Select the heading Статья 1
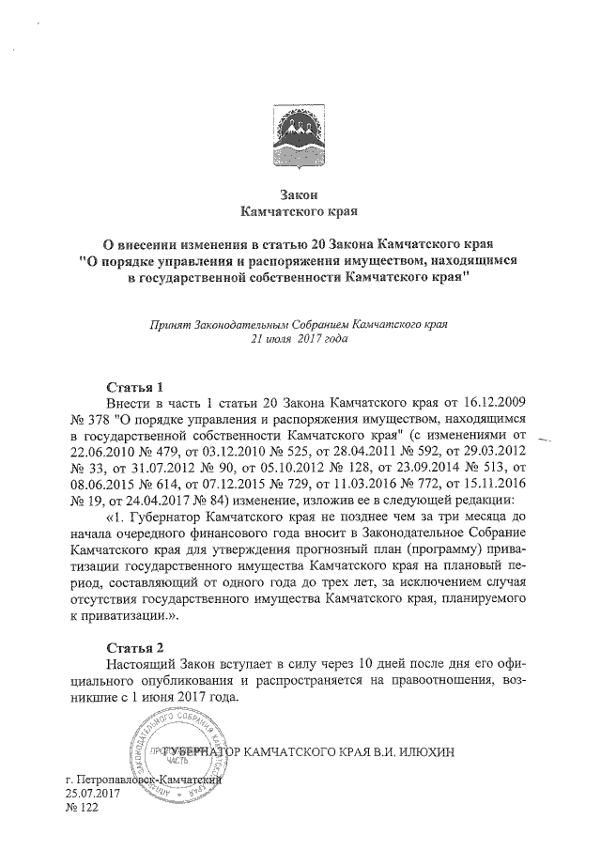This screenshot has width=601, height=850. click(x=136, y=387)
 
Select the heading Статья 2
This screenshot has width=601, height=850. click(x=136, y=648)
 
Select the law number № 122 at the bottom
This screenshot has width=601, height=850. click(x=82, y=810)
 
